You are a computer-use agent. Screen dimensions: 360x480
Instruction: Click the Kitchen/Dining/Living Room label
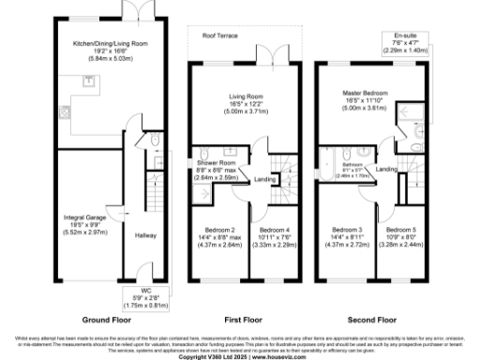91,43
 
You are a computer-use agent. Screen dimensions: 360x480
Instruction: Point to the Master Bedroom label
367,95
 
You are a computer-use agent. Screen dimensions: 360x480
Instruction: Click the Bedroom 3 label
347,230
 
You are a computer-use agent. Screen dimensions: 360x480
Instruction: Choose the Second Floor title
374,318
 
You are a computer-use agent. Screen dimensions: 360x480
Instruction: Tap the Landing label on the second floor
385,169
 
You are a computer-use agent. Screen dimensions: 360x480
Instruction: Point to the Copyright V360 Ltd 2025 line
239,356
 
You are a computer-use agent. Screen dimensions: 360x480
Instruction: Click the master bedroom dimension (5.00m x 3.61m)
367,109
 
